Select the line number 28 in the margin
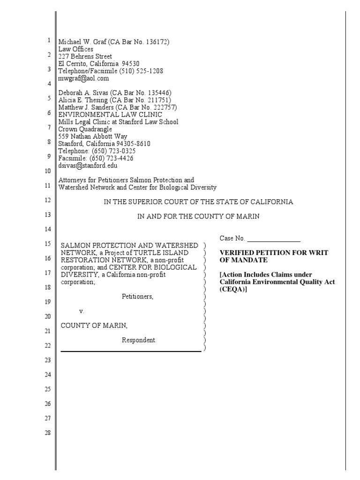(x=47, y=433)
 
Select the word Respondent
(x=139, y=340)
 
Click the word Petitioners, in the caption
(x=138, y=297)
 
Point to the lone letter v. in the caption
(x=82, y=311)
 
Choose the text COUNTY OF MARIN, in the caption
(x=94, y=326)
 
